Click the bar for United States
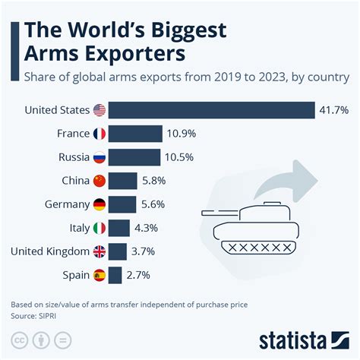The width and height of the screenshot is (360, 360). click(211, 110)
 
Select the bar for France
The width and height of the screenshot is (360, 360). click(135, 134)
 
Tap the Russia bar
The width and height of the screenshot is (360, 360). click(134, 158)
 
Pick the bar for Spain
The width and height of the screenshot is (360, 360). click(115, 276)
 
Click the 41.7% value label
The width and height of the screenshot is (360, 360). click(333, 111)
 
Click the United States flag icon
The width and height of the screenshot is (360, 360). click(99, 111)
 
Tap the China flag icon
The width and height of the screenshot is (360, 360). click(99, 182)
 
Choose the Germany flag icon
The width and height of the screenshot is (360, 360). click(99, 205)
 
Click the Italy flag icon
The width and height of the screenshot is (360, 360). click(99, 229)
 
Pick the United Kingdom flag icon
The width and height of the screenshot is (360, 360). click(99, 252)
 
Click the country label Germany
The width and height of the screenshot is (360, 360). click(68, 205)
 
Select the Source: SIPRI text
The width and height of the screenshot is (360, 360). click(34, 314)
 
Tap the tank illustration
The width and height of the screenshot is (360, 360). click(251, 229)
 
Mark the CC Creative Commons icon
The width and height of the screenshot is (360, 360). click(21, 338)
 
